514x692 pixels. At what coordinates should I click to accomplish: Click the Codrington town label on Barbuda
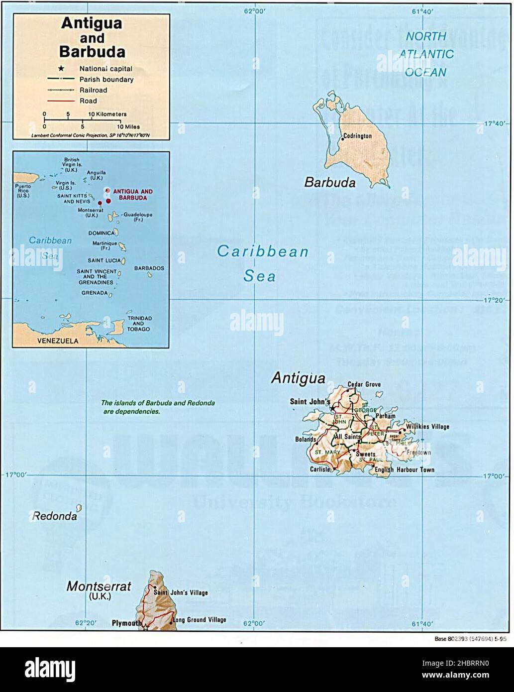pos(357,136)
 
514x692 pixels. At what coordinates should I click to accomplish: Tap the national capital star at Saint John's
pos(332,408)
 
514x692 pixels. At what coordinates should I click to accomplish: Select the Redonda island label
pos(55,516)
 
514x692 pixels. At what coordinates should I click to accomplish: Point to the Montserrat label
pos(99,586)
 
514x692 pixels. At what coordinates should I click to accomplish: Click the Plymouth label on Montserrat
pos(126,623)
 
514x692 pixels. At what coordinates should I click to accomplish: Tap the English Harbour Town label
pos(405,469)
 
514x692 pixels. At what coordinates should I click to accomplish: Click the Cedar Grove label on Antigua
pos(364,384)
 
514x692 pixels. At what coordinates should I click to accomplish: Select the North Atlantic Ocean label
pos(426,54)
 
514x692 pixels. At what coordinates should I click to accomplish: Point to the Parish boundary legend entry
pos(106,80)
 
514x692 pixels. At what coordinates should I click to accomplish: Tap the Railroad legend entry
pos(93,90)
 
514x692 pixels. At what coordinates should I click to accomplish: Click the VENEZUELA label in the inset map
pos(58,342)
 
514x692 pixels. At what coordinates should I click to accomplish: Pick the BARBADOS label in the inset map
pos(149,268)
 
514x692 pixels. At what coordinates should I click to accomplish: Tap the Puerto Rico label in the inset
pos(22,191)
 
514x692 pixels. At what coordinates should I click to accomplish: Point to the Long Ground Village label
pos(199,620)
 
